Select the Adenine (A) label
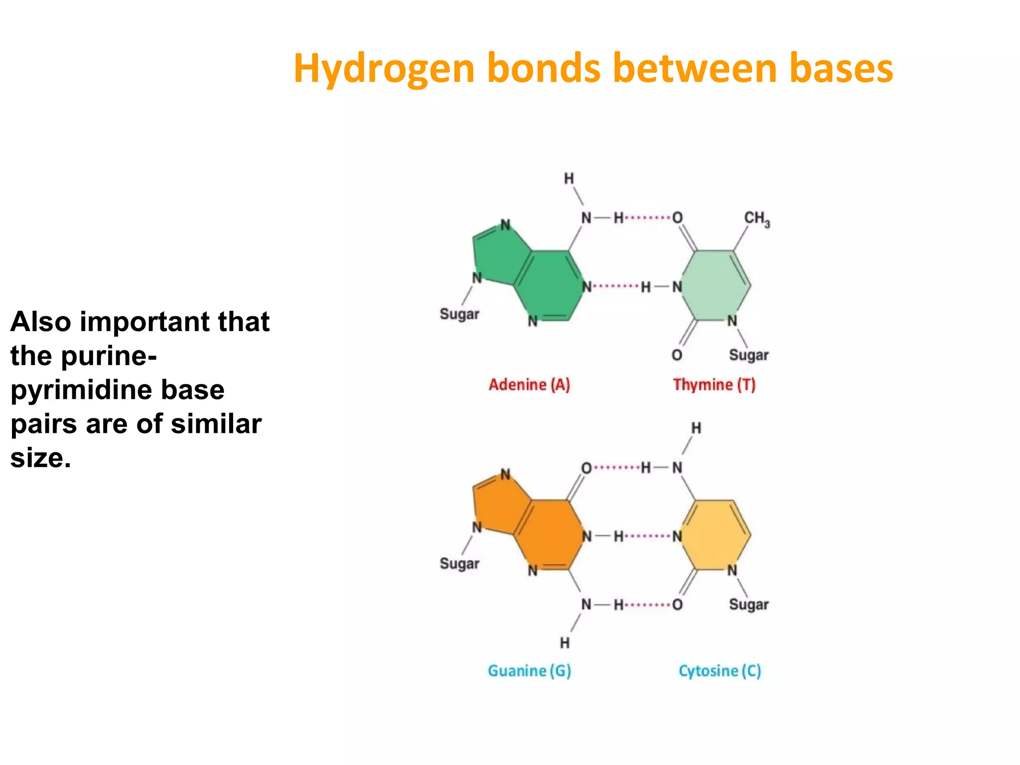[x=529, y=384]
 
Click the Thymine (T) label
[x=714, y=384]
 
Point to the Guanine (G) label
[x=529, y=671]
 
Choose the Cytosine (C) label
[x=720, y=671]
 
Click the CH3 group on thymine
[x=757, y=219]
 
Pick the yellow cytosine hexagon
[x=715, y=535]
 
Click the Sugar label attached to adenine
[x=459, y=314]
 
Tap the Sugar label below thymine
[x=749, y=355]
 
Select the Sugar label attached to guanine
[x=459, y=564]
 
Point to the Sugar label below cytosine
[x=749, y=605]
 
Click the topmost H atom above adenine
[x=569, y=178]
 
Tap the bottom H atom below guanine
[x=564, y=643]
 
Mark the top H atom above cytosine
[x=696, y=428]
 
